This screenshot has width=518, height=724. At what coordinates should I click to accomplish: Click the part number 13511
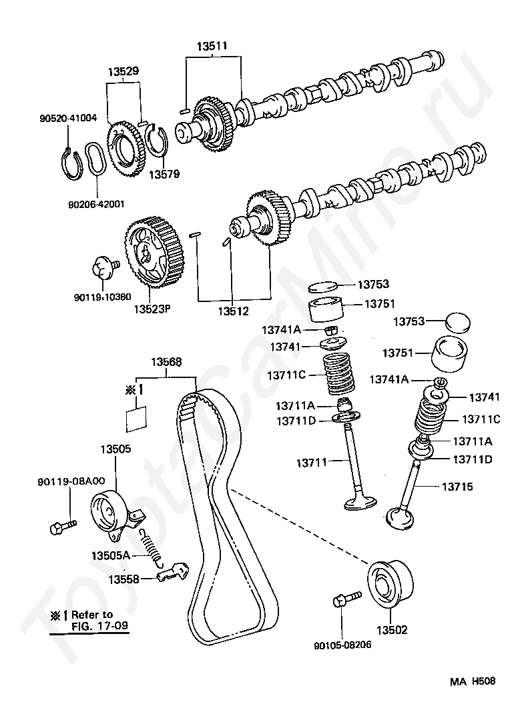(x=212, y=47)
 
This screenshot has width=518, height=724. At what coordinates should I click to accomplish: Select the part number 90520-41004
(x=67, y=118)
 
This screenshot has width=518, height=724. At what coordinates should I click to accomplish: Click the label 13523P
(x=153, y=309)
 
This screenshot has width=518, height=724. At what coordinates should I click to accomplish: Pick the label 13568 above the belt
(x=166, y=362)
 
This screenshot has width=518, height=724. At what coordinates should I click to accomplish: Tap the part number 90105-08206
(x=342, y=645)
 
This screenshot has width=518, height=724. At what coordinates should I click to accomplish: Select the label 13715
(x=457, y=487)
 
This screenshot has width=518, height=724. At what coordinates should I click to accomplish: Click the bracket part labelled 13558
(x=172, y=573)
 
